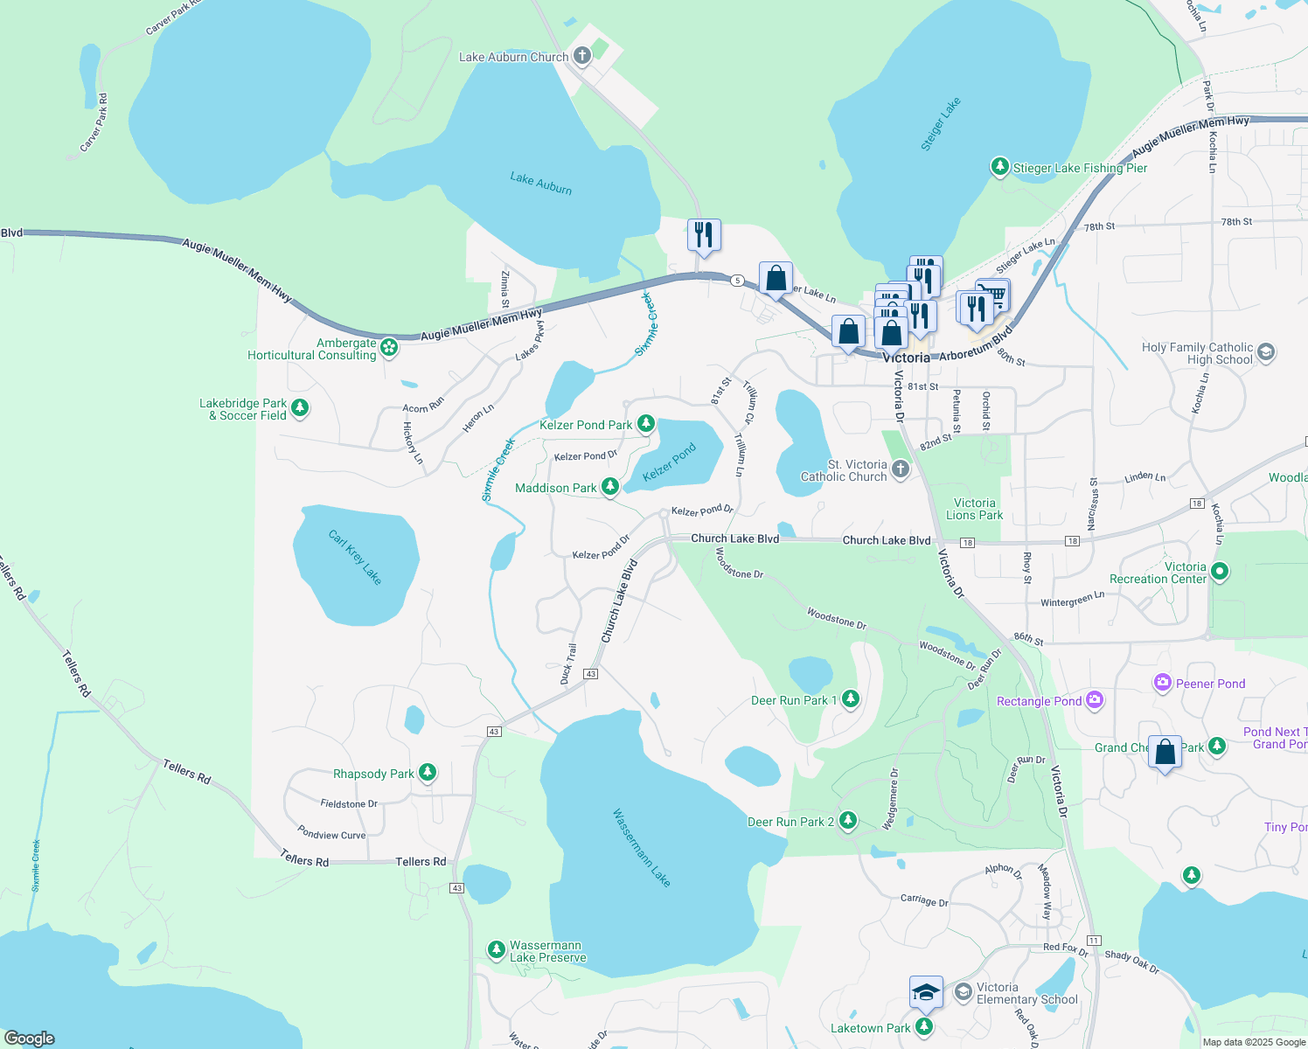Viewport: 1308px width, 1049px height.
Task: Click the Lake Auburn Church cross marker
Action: coord(582,56)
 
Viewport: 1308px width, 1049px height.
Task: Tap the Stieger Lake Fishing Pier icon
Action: coord(1000,167)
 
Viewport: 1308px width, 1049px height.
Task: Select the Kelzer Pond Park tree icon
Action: coord(646,424)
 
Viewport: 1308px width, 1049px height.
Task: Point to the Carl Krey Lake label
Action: coord(355,557)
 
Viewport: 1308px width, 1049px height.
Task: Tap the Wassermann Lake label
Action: coord(641,847)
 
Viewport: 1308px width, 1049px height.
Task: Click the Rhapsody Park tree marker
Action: coord(428,773)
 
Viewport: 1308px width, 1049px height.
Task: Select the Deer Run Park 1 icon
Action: coord(851,699)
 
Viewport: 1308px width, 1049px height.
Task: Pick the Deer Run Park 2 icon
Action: coord(847,821)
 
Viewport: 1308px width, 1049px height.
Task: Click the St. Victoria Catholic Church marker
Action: coord(901,469)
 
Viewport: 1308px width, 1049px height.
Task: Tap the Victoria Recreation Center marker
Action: coord(1220,572)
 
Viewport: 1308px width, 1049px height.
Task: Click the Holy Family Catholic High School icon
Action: coord(1266,352)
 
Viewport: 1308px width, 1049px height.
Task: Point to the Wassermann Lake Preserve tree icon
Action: coord(497,950)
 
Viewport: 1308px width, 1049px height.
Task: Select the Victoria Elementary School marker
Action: coord(964,991)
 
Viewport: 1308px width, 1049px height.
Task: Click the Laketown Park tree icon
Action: coord(924,1027)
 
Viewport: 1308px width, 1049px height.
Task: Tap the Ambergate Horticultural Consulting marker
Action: coord(389,349)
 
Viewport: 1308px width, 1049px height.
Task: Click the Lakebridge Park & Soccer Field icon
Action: coord(300,408)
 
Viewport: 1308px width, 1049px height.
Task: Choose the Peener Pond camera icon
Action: coord(1163,683)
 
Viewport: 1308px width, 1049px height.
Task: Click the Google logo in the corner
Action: coord(30,1038)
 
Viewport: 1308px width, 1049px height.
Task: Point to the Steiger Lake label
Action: coord(940,124)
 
